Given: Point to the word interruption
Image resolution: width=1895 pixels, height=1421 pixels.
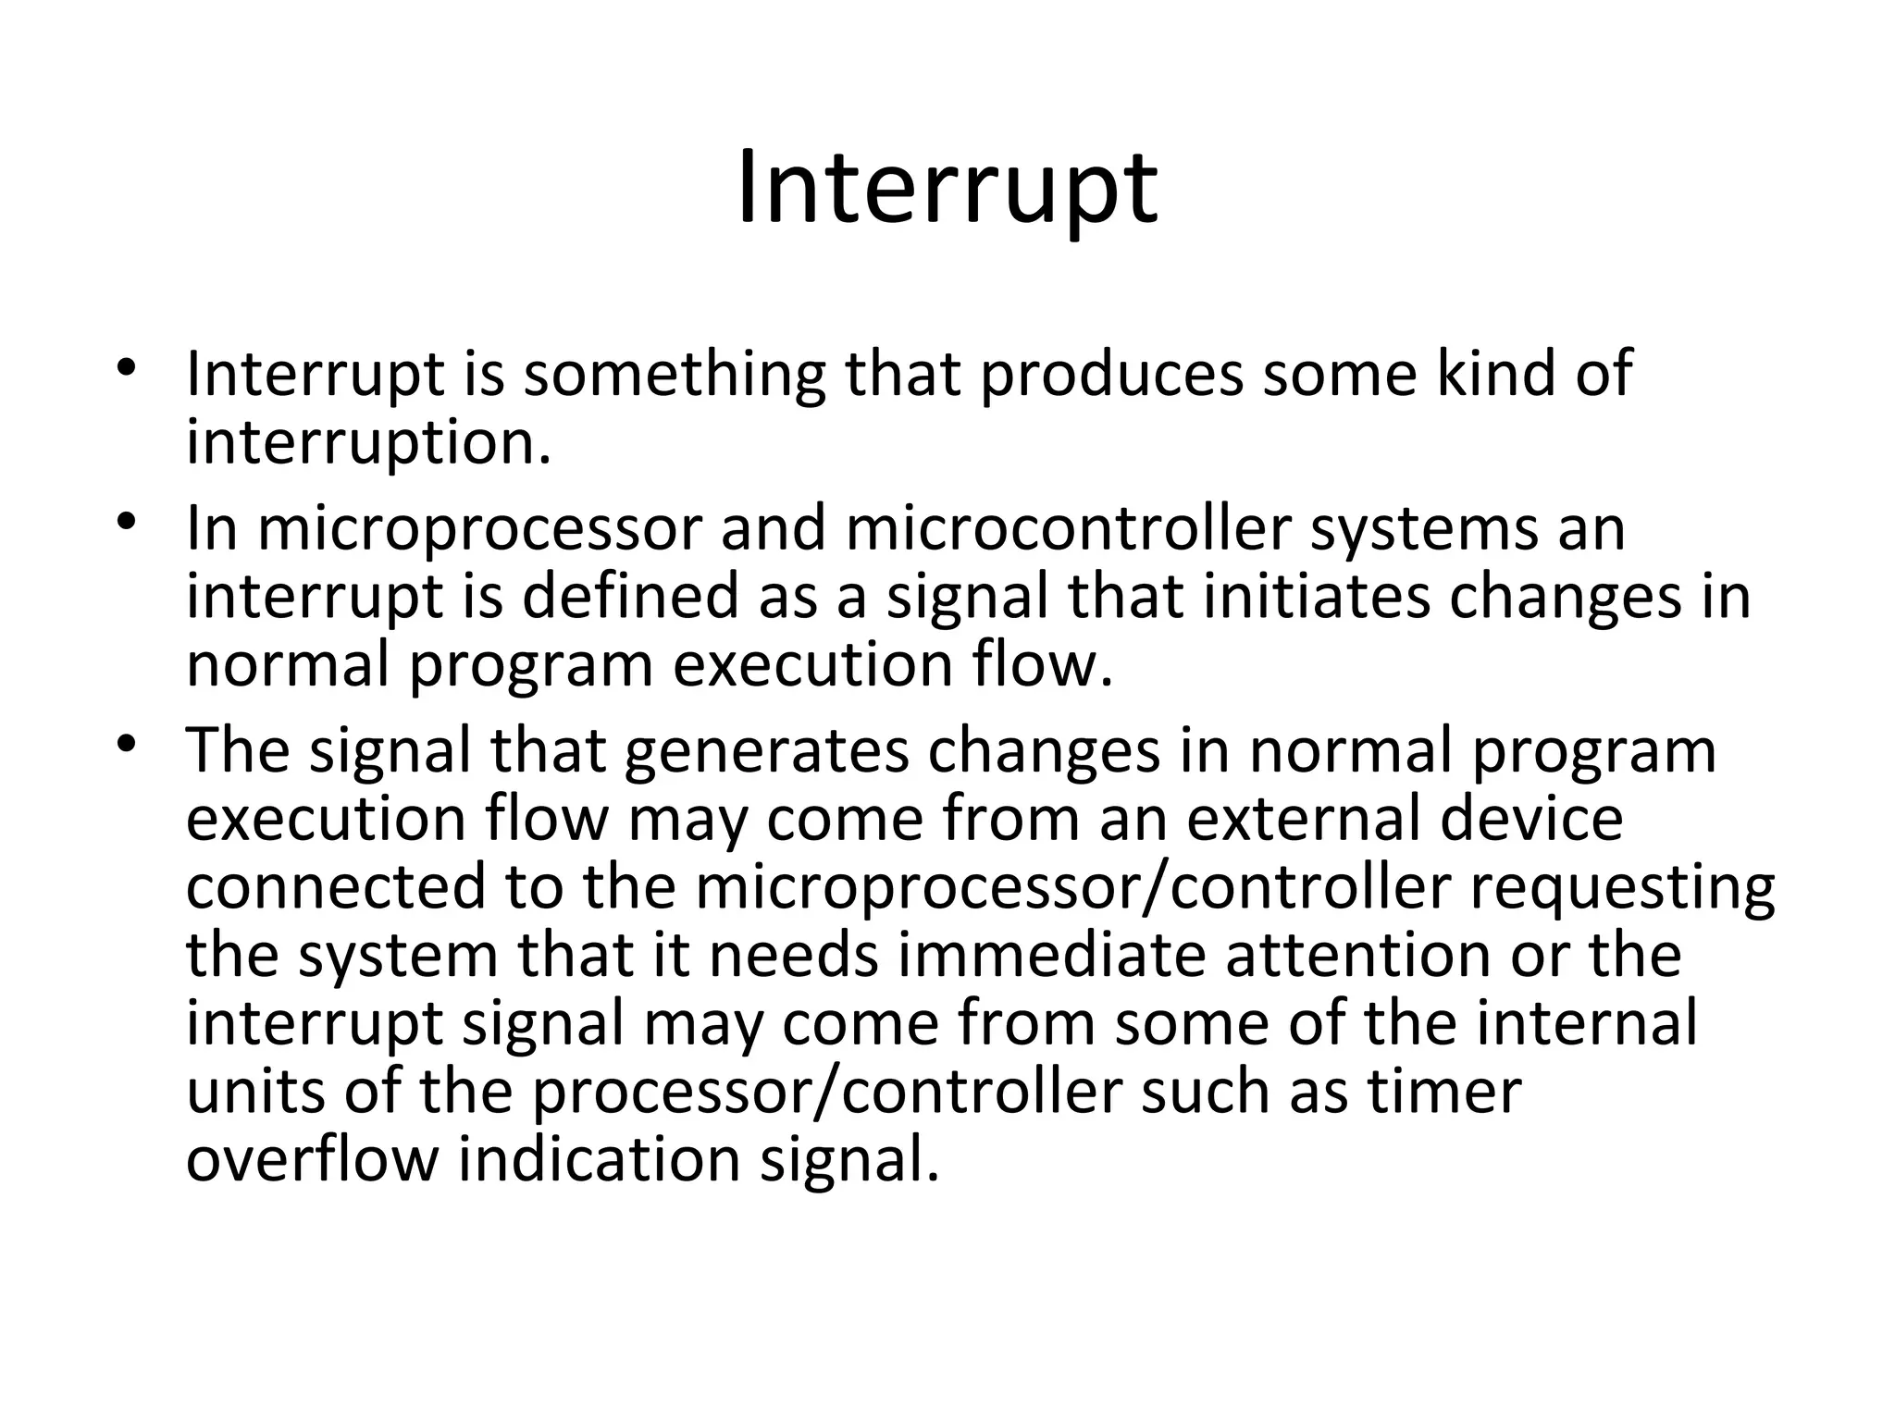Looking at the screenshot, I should click(x=367, y=443).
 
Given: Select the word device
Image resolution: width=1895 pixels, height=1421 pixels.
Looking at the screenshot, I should click(x=1531, y=819).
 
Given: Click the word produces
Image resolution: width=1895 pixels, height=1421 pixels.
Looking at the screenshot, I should click(x=1111, y=375).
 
